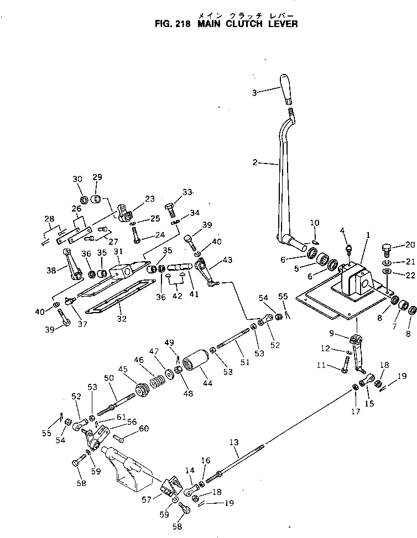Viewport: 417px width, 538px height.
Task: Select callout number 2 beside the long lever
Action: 255,162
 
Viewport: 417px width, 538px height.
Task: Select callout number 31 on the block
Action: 118,252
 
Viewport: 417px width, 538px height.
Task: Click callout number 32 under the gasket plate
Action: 121,318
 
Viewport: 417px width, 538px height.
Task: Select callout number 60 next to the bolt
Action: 144,429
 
